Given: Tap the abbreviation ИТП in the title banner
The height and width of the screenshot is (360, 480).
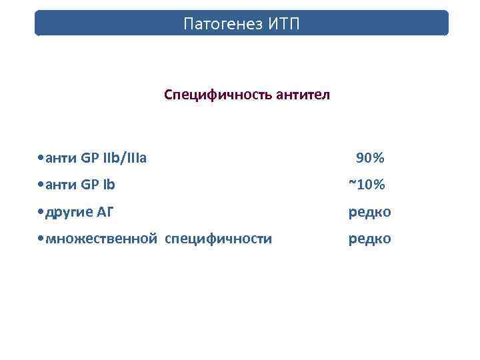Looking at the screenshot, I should [x=285, y=25].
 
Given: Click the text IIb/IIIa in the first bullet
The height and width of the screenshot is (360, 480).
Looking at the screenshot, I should [x=125, y=158].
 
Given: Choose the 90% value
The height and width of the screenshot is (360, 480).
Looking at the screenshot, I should [x=370, y=158].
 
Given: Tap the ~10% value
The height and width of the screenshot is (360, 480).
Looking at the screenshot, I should [x=367, y=185].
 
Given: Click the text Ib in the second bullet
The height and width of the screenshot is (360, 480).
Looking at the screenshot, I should [x=108, y=185].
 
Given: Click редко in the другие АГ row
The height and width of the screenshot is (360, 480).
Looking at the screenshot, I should [x=370, y=212].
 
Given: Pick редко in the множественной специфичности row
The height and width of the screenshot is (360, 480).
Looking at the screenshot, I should [x=370, y=239].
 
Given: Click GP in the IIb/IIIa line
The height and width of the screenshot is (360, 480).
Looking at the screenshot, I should [x=89, y=158].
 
